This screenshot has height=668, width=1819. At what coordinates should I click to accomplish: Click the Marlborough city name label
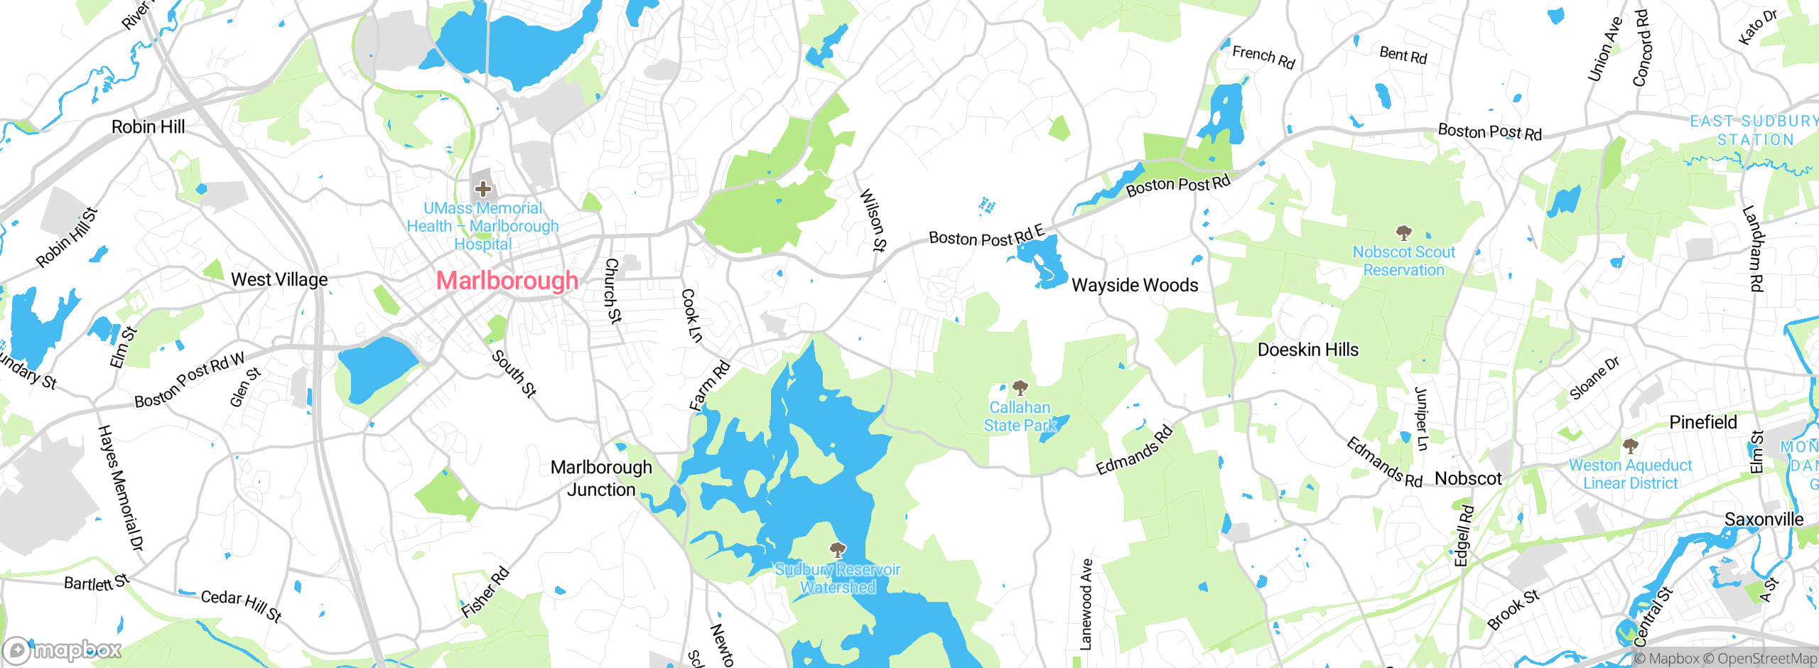tap(507, 281)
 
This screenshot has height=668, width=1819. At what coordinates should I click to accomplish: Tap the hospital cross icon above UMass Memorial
tap(483, 189)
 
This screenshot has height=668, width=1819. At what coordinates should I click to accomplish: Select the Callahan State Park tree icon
tap(1020, 388)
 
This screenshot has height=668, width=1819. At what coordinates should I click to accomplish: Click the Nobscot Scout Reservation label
tap(1403, 261)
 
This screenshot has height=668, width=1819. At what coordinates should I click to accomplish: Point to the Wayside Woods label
tap(1135, 285)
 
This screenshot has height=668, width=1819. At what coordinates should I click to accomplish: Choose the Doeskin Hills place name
tap(1307, 350)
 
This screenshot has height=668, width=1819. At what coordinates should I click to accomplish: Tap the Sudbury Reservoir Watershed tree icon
tap(838, 549)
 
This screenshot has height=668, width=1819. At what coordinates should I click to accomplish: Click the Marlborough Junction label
tap(601, 478)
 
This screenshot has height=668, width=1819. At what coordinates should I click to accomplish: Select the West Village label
tap(279, 279)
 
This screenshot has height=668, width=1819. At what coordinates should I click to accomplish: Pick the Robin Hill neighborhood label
tap(148, 126)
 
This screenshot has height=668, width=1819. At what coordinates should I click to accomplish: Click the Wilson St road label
tap(873, 220)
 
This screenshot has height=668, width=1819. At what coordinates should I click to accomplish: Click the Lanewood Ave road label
tap(1086, 604)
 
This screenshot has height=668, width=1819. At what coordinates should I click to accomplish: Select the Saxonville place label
tap(1764, 519)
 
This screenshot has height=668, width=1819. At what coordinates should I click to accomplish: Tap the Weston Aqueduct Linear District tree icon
tap(1631, 446)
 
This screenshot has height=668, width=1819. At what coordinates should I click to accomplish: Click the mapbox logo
tap(63, 650)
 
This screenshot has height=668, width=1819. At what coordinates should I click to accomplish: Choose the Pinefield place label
tap(1702, 422)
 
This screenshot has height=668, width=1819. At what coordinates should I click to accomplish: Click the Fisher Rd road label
tap(485, 592)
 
